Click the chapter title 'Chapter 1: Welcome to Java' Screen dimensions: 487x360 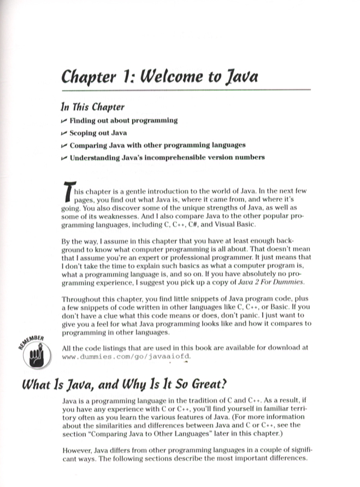[x=160, y=77]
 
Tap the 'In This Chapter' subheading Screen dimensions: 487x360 [x=93, y=107]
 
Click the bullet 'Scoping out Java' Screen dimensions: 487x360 [x=98, y=133]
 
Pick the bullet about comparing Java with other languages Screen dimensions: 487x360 [x=157, y=145]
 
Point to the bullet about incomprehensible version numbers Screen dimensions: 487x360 [x=167, y=158]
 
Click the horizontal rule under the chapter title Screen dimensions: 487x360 [x=186, y=90]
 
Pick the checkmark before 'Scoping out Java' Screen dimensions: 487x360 [x=64, y=133]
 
